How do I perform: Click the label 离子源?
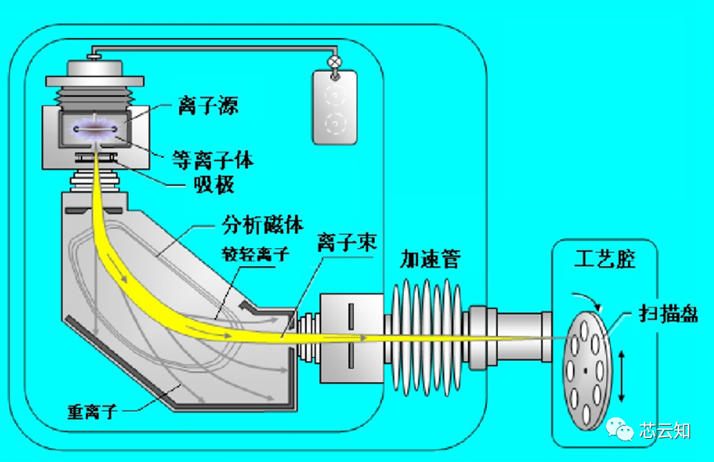click(209, 106)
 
